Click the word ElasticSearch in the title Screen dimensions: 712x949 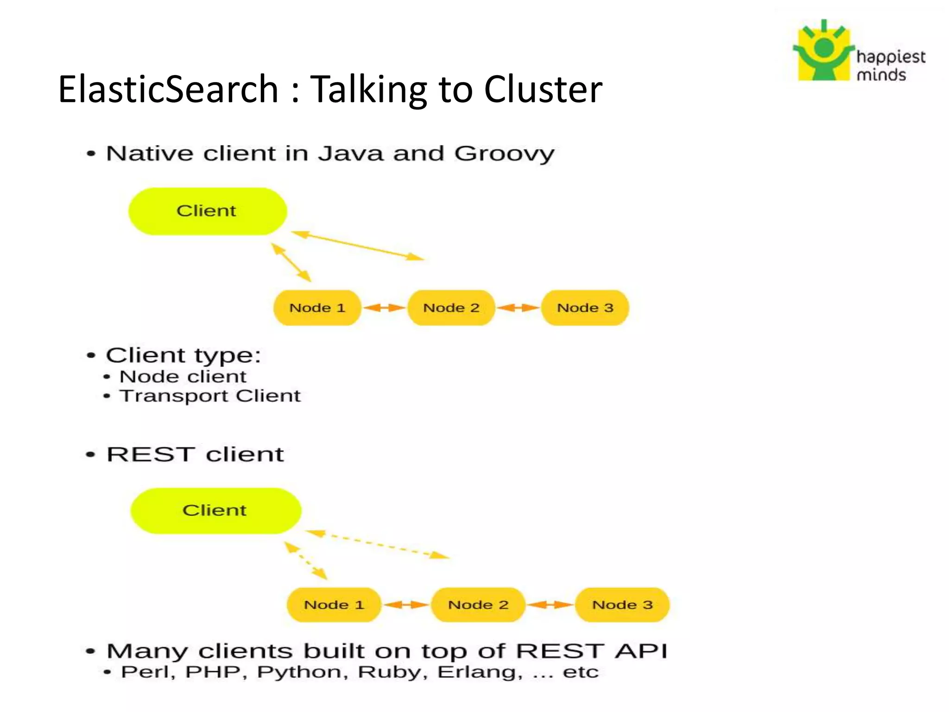pyautogui.click(x=168, y=89)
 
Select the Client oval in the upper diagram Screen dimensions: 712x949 pyautogui.click(x=207, y=211)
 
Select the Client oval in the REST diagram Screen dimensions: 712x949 pyautogui.click(x=215, y=510)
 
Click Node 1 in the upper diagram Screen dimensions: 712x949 pyautogui.click(x=317, y=308)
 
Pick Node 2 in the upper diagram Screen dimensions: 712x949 pyautogui.click(x=451, y=308)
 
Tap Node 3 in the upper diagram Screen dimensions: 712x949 pyautogui.click(x=585, y=308)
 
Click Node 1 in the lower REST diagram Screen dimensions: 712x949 pyautogui.click(x=334, y=604)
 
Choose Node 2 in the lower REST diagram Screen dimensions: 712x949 pyautogui.click(x=478, y=604)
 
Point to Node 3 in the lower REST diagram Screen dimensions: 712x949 pyautogui.click(x=622, y=604)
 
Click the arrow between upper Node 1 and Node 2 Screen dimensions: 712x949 pyautogui.click(x=384, y=308)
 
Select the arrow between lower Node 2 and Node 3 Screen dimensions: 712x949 pyautogui.click(x=550, y=604)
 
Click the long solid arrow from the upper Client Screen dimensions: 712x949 pyautogui.click(x=358, y=246)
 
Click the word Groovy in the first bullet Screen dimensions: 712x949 pyautogui.click(x=504, y=154)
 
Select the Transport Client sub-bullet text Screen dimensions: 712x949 pyautogui.click(x=210, y=396)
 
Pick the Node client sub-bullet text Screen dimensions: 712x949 pyautogui.click(x=183, y=376)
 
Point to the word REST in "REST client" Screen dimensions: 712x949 pyautogui.click(x=150, y=454)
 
